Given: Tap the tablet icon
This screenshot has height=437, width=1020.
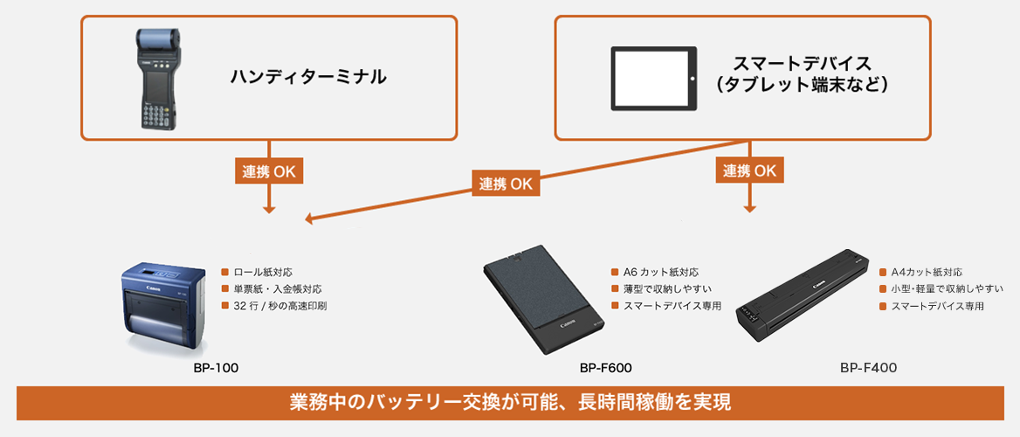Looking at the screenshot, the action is [x=653, y=78].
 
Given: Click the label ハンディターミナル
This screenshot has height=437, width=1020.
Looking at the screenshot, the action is [x=307, y=77].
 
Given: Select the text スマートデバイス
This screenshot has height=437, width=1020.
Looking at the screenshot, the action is [x=802, y=64].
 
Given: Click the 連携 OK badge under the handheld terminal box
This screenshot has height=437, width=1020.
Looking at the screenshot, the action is [x=269, y=171].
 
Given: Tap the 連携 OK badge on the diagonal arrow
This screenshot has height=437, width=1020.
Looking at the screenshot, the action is [x=506, y=184].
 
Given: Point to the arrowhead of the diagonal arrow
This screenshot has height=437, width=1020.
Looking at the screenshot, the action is [x=308, y=219].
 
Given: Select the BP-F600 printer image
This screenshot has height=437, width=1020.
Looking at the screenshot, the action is [x=542, y=297].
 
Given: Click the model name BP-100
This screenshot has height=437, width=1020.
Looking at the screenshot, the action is [x=216, y=368].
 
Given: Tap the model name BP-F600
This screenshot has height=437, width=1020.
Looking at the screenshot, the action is [x=605, y=368].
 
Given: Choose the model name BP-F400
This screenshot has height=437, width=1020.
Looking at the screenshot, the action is [x=868, y=368].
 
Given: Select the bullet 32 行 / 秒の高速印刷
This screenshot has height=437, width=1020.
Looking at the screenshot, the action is [x=280, y=306].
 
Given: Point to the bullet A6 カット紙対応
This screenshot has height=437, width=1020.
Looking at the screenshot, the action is [x=660, y=273].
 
